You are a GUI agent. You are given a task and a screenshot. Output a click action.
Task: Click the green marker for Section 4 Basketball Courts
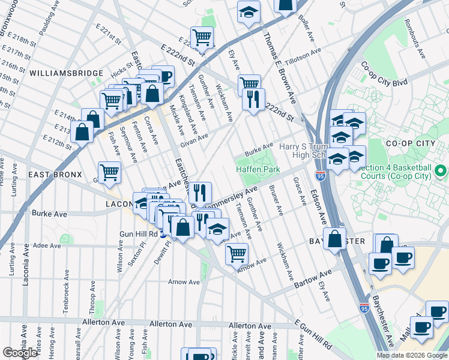441,173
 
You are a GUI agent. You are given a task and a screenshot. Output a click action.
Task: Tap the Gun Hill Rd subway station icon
163,235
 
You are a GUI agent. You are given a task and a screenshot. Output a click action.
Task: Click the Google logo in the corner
20,353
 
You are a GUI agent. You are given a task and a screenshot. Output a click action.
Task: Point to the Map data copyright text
411,355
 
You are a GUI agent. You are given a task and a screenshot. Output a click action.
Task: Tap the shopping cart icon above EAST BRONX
109,172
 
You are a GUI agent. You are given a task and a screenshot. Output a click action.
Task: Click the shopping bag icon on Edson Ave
335,238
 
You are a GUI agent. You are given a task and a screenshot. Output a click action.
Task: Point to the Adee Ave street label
47,246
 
